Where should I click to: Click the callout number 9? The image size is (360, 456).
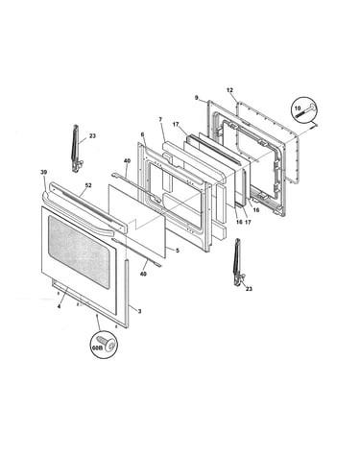(x=197, y=97)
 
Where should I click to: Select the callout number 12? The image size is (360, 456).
(x=229, y=90)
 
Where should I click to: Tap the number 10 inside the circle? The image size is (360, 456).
(x=298, y=108)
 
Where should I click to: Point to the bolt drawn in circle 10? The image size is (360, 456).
(x=307, y=111)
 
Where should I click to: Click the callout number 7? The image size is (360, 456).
(x=160, y=119)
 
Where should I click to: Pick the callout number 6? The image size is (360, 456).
(x=143, y=135)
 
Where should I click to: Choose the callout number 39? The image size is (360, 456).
(x=44, y=172)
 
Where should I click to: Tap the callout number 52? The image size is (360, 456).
(x=88, y=185)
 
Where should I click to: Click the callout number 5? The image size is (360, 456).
(x=178, y=251)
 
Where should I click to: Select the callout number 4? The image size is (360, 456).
(x=59, y=306)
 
